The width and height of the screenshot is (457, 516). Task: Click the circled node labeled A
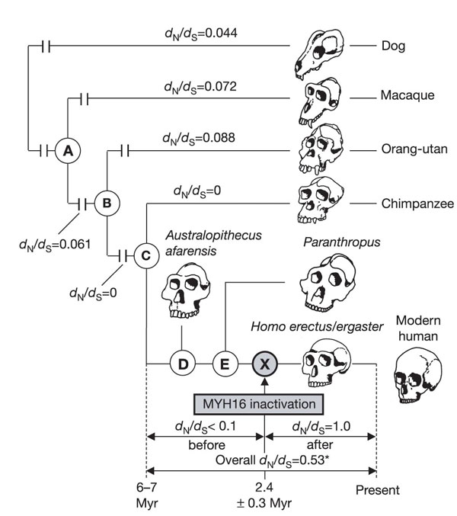tap(68, 151)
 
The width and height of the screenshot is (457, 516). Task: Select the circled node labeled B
tap(107, 204)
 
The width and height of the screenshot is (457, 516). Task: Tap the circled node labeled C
tap(145, 257)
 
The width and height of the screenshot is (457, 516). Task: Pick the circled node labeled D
tap(183, 364)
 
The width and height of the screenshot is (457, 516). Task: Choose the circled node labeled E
tap(224, 364)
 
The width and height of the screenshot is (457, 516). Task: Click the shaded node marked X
tap(264, 364)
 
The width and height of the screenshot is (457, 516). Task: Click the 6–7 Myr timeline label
tap(145, 497)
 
